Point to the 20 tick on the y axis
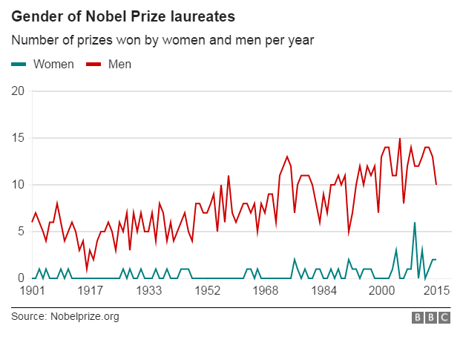(19, 91)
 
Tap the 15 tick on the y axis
(19, 138)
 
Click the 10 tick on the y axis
(19, 185)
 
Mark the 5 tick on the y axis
(22, 232)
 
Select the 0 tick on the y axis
(22, 278)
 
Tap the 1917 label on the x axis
(91, 291)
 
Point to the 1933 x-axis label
(149, 291)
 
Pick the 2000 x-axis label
(382, 291)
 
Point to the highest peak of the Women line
(415, 223)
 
